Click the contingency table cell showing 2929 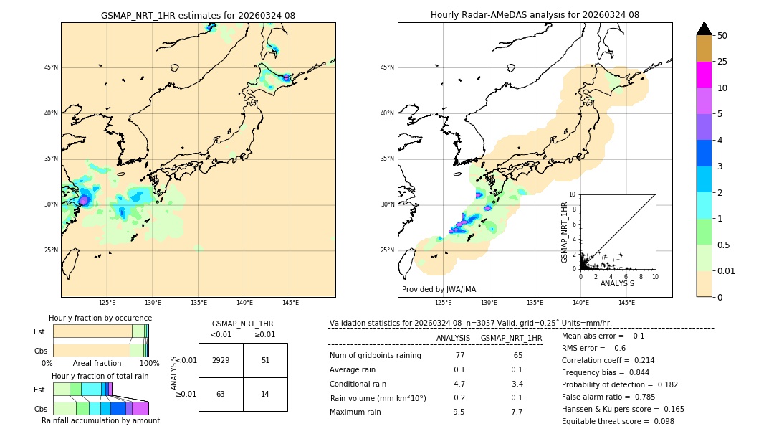(x=221, y=360)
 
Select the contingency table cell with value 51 (x=265, y=360)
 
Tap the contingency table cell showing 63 (x=221, y=394)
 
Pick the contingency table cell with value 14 (x=265, y=394)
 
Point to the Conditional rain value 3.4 (x=516, y=384)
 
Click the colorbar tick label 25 (x=722, y=62)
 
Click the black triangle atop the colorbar (x=704, y=29)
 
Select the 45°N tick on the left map (x=51, y=67)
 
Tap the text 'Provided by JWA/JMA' (x=439, y=290)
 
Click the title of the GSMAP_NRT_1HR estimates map (x=198, y=16)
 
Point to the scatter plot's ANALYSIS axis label (x=617, y=283)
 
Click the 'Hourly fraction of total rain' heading (x=100, y=377)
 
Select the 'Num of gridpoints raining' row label (x=375, y=356)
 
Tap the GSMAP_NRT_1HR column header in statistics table (x=511, y=338)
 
